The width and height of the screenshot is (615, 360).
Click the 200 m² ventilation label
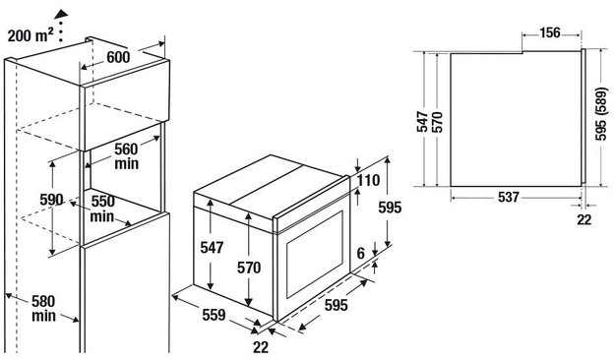(31, 35)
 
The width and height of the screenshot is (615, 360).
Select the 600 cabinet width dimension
(118, 57)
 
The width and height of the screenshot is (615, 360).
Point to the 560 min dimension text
(126, 156)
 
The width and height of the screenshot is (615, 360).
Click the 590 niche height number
(51, 200)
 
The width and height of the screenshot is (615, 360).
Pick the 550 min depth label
(102, 209)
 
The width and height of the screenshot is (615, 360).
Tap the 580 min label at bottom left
(43, 309)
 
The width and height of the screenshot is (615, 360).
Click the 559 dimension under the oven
(214, 315)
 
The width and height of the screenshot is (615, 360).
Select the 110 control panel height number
(369, 180)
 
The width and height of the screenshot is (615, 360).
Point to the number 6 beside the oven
(361, 254)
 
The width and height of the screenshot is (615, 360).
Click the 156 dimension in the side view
(550, 32)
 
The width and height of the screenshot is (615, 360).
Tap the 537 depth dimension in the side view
(509, 197)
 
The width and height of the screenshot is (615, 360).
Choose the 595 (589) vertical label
(601, 114)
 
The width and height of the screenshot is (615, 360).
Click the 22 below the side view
(584, 219)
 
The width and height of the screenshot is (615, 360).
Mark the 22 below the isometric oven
(261, 347)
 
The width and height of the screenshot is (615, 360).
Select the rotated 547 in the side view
(422, 122)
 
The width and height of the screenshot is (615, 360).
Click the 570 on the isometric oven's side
(249, 268)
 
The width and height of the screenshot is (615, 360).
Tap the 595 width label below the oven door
(337, 305)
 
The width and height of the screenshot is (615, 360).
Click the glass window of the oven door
(315, 254)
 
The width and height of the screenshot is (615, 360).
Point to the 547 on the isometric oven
(212, 248)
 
